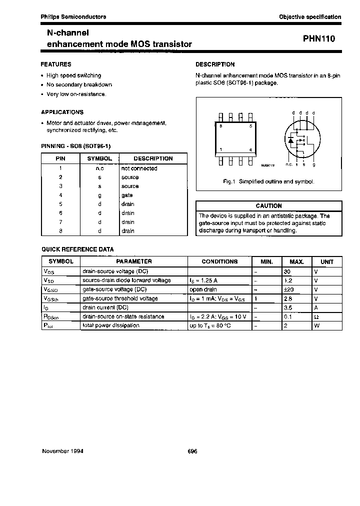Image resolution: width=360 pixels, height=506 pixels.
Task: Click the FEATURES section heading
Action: pos(56,64)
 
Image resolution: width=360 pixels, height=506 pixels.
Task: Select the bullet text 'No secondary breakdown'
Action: pos(79,85)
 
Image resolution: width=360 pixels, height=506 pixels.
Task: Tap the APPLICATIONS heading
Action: pos(62,112)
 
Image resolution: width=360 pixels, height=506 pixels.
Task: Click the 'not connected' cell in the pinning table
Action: pos(139,168)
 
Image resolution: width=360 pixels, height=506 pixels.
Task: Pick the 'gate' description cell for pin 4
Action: pos(127,195)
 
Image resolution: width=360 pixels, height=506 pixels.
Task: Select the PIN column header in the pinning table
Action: pos(60,158)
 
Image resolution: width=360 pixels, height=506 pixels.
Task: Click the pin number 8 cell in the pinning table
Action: pos(60,231)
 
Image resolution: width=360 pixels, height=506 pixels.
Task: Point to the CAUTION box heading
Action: pos(268,206)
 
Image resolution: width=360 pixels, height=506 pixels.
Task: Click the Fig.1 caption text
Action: pos(268,181)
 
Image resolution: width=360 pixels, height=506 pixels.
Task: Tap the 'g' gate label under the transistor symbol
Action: pos(313,164)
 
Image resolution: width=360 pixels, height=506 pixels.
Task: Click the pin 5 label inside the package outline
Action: pos(250,126)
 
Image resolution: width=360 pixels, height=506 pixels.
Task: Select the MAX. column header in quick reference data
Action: pos(297,261)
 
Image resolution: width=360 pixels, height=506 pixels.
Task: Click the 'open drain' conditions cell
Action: pos(203,289)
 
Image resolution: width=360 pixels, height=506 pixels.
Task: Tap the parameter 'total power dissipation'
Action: pos(110,325)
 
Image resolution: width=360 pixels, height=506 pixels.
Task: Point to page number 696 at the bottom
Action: pos(192,450)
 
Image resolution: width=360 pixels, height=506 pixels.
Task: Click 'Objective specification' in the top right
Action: pos(310,17)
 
